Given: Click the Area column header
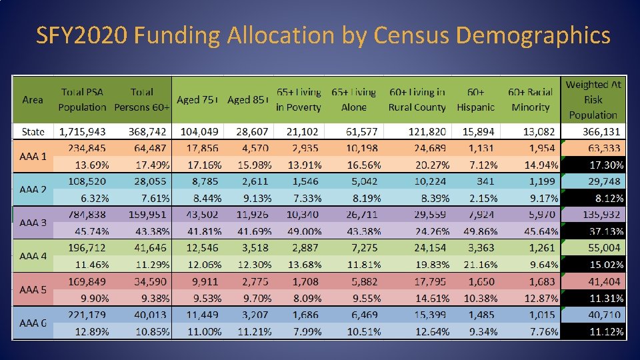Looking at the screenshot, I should pos(33,99).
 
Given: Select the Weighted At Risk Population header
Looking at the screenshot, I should pos(593,99).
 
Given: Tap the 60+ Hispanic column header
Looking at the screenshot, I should pos(475,99).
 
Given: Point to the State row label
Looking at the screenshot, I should pos(33,131).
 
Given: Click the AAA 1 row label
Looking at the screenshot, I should pos(33,157).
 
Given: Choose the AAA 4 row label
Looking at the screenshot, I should pos(33,256).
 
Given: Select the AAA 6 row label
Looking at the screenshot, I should pos(33,323).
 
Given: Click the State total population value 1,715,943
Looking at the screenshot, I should pos(83,131).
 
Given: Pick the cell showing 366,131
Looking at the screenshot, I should pos(597,131).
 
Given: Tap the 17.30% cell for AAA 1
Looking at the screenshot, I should pos(605,165).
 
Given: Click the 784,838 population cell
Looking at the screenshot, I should pos(83,215).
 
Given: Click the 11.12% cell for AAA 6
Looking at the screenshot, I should pos(605,331).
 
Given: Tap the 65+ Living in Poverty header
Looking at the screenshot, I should pos(298,99).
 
